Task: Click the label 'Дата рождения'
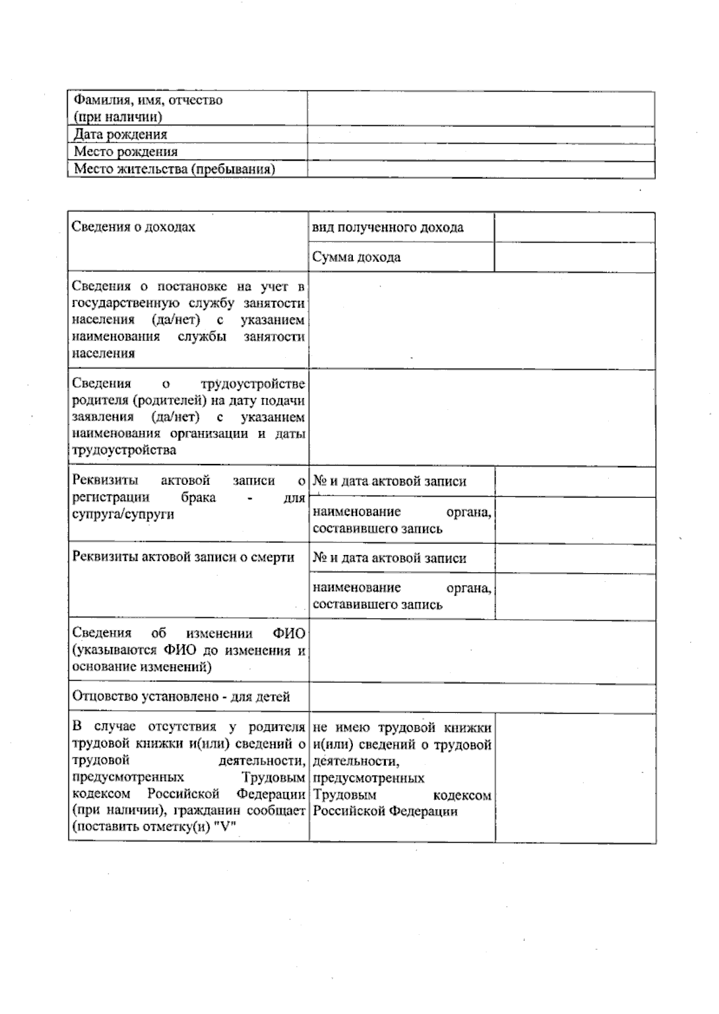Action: pyautogui.click(x=120, y=134)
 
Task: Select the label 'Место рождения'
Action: pyautogui.click(x=125, y=152)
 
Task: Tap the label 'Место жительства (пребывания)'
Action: pyautogui.click(x=174, y=169)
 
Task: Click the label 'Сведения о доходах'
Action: pyautogui.click(x=133, y=227)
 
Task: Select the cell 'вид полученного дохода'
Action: pyautogui.click(x=388, y=228)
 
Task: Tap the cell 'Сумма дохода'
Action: pyautogui.click(x=357, y=257)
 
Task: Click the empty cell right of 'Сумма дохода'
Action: pyautogui.click(x=574, y=257)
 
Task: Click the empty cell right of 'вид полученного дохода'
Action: pyautogui.click(x=574, y=228)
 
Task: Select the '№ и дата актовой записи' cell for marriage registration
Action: pyautogui.click(x=389, y=481)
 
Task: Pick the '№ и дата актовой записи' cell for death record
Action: pyautogui.click(x=389, y=559)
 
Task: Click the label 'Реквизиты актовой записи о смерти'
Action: pyautogui.click(x=183, y=557)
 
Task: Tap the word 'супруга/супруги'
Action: pyautogui.click(x=123, y=514)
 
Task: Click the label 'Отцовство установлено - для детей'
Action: pyautogui.click(x=181, y=696)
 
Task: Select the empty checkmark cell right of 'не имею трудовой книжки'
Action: pyautogui.click(x=575, y=778)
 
